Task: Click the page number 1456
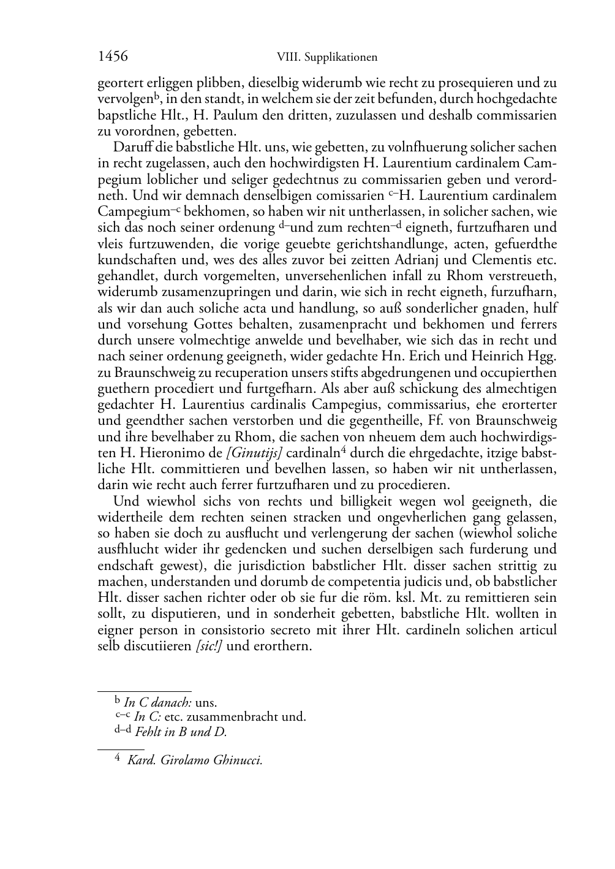click(x=113, y=56)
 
